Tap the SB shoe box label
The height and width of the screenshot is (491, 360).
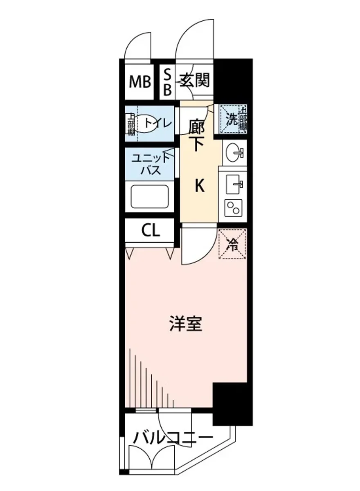167,82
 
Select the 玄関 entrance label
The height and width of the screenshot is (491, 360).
194,80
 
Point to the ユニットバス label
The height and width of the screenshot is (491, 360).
151,163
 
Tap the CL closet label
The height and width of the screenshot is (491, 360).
151,232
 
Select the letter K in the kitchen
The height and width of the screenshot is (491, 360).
199,187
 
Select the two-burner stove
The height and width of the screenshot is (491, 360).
233,209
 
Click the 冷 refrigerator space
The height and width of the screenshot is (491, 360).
232,245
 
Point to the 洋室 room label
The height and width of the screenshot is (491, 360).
186,324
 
